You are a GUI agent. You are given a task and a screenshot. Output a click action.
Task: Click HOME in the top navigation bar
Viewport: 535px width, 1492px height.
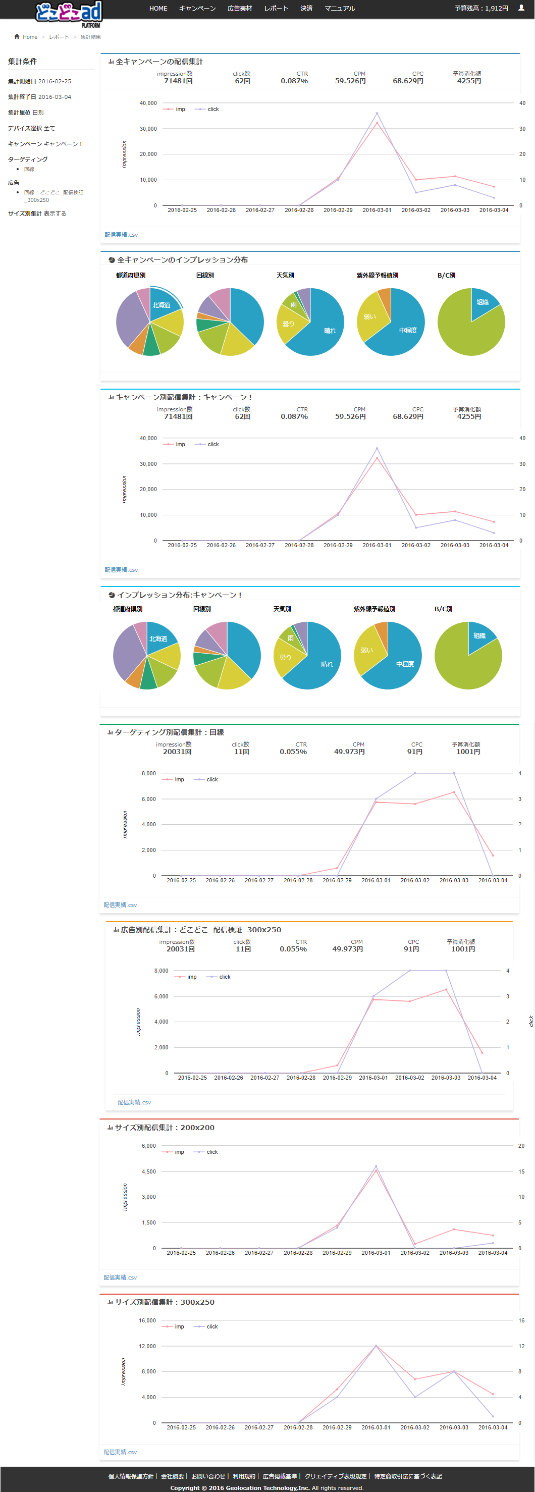pyautogui.click(x=158, y=8)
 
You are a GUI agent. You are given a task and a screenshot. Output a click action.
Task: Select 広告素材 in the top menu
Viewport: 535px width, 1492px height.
pyautogui.click(x=240, y=8)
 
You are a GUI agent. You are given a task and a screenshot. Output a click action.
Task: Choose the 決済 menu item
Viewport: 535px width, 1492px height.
pyautogui.click(x=306, y=8)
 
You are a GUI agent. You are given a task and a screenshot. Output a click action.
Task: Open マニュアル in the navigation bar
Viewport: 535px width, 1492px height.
pyautogui.click(x=340, y=8)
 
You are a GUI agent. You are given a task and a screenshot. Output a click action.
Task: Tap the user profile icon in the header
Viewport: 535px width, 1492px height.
pyautogui.click(x=522, y=8)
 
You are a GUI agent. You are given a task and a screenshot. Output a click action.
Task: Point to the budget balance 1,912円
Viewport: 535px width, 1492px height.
pyautogui.click(x=481, y=8)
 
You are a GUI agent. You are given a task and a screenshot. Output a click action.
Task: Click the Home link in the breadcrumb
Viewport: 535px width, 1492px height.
pyautogui.click(x=30, y=37)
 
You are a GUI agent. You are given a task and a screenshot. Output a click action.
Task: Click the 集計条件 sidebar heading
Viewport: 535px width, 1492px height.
pyautogui.click(x=23, y=62)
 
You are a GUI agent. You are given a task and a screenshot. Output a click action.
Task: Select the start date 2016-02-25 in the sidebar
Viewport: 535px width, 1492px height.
pyautogui.click(x=55, y=82)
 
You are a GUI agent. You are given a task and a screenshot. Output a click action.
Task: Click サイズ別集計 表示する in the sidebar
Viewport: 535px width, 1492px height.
pyautogui.click(x=37, y=214)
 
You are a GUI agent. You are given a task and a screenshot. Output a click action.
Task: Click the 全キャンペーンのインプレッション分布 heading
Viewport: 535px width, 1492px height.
pyautogui.click(x=182, y=260)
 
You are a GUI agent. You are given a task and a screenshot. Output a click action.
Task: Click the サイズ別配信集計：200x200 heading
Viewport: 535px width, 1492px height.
pyautogui.click(x=165, y=1128)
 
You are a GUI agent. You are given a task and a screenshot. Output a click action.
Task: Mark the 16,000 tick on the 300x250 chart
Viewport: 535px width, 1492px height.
pyautogui.click(x=147, y=1320)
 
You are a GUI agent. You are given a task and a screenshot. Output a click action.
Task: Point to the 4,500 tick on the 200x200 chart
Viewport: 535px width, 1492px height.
pyautogui.click(x=149, y=1171)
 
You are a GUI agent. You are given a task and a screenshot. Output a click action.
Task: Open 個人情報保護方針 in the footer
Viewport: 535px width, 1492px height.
pyautogui.click(x=131, y=1476)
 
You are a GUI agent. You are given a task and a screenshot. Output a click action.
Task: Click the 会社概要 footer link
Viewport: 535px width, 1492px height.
pyautogui.click(x=172, y=1476)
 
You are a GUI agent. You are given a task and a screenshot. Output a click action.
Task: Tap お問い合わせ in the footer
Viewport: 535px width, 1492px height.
pyautogui.click(x=208, y=1476)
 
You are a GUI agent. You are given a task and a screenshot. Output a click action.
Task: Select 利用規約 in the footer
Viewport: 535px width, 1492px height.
pyautogui.click(x=244, y=1476)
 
